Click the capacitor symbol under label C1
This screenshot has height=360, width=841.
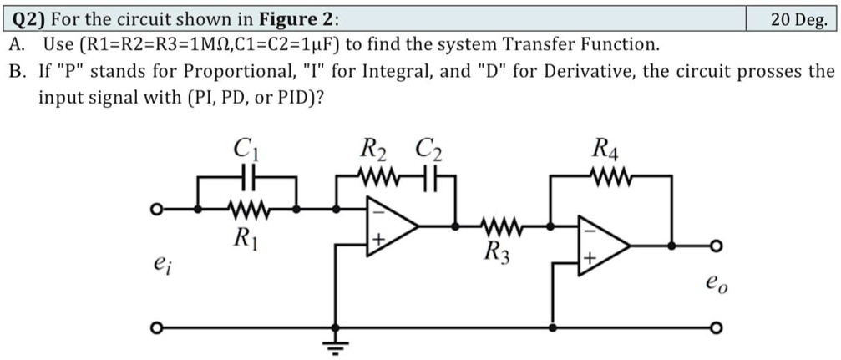pos(246,178)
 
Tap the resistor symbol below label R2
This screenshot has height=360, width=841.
pos(375,178)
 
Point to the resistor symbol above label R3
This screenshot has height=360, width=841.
pos(503,226)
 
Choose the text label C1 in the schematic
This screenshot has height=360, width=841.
pos(245,151)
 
